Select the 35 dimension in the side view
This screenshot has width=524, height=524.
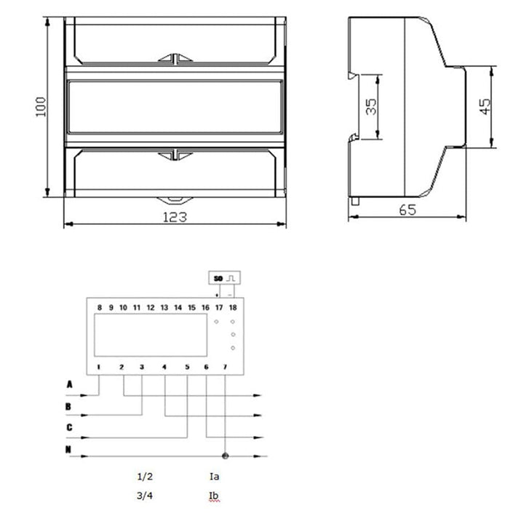click(x=371, y=107)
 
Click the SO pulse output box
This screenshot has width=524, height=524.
click(x=224, y=277)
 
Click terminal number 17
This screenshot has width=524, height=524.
click(x=218, y=308)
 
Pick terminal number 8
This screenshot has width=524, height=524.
click(x=99, y=308)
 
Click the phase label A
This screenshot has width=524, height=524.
click(x=69, y=384)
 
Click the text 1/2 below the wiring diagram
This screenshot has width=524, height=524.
click(x=145, y=477)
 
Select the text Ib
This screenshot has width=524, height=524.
click(x=213, y=497)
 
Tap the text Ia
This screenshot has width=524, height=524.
click(x=213, y=477)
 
